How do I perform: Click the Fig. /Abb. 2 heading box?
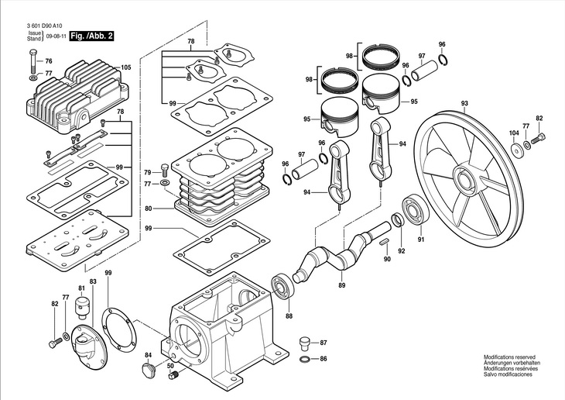point(91,36)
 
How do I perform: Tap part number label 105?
point(125,67)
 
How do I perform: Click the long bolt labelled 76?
point(33,61)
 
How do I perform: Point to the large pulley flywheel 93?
point(467,178)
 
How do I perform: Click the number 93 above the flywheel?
point(464,104)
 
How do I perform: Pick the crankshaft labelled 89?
point(342,253)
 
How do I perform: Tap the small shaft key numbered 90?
point(385,242)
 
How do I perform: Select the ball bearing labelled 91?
point(416,210)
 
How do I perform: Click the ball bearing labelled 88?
point(282,288)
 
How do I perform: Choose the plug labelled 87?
point(305,343)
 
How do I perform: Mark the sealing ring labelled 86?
point(305,359)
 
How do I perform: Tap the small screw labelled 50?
point(172,375)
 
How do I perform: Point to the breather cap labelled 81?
point(82,307)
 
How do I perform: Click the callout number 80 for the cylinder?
point(148,209)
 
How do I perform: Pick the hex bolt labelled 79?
point(164,170)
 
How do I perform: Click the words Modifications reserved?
point(509,357)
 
